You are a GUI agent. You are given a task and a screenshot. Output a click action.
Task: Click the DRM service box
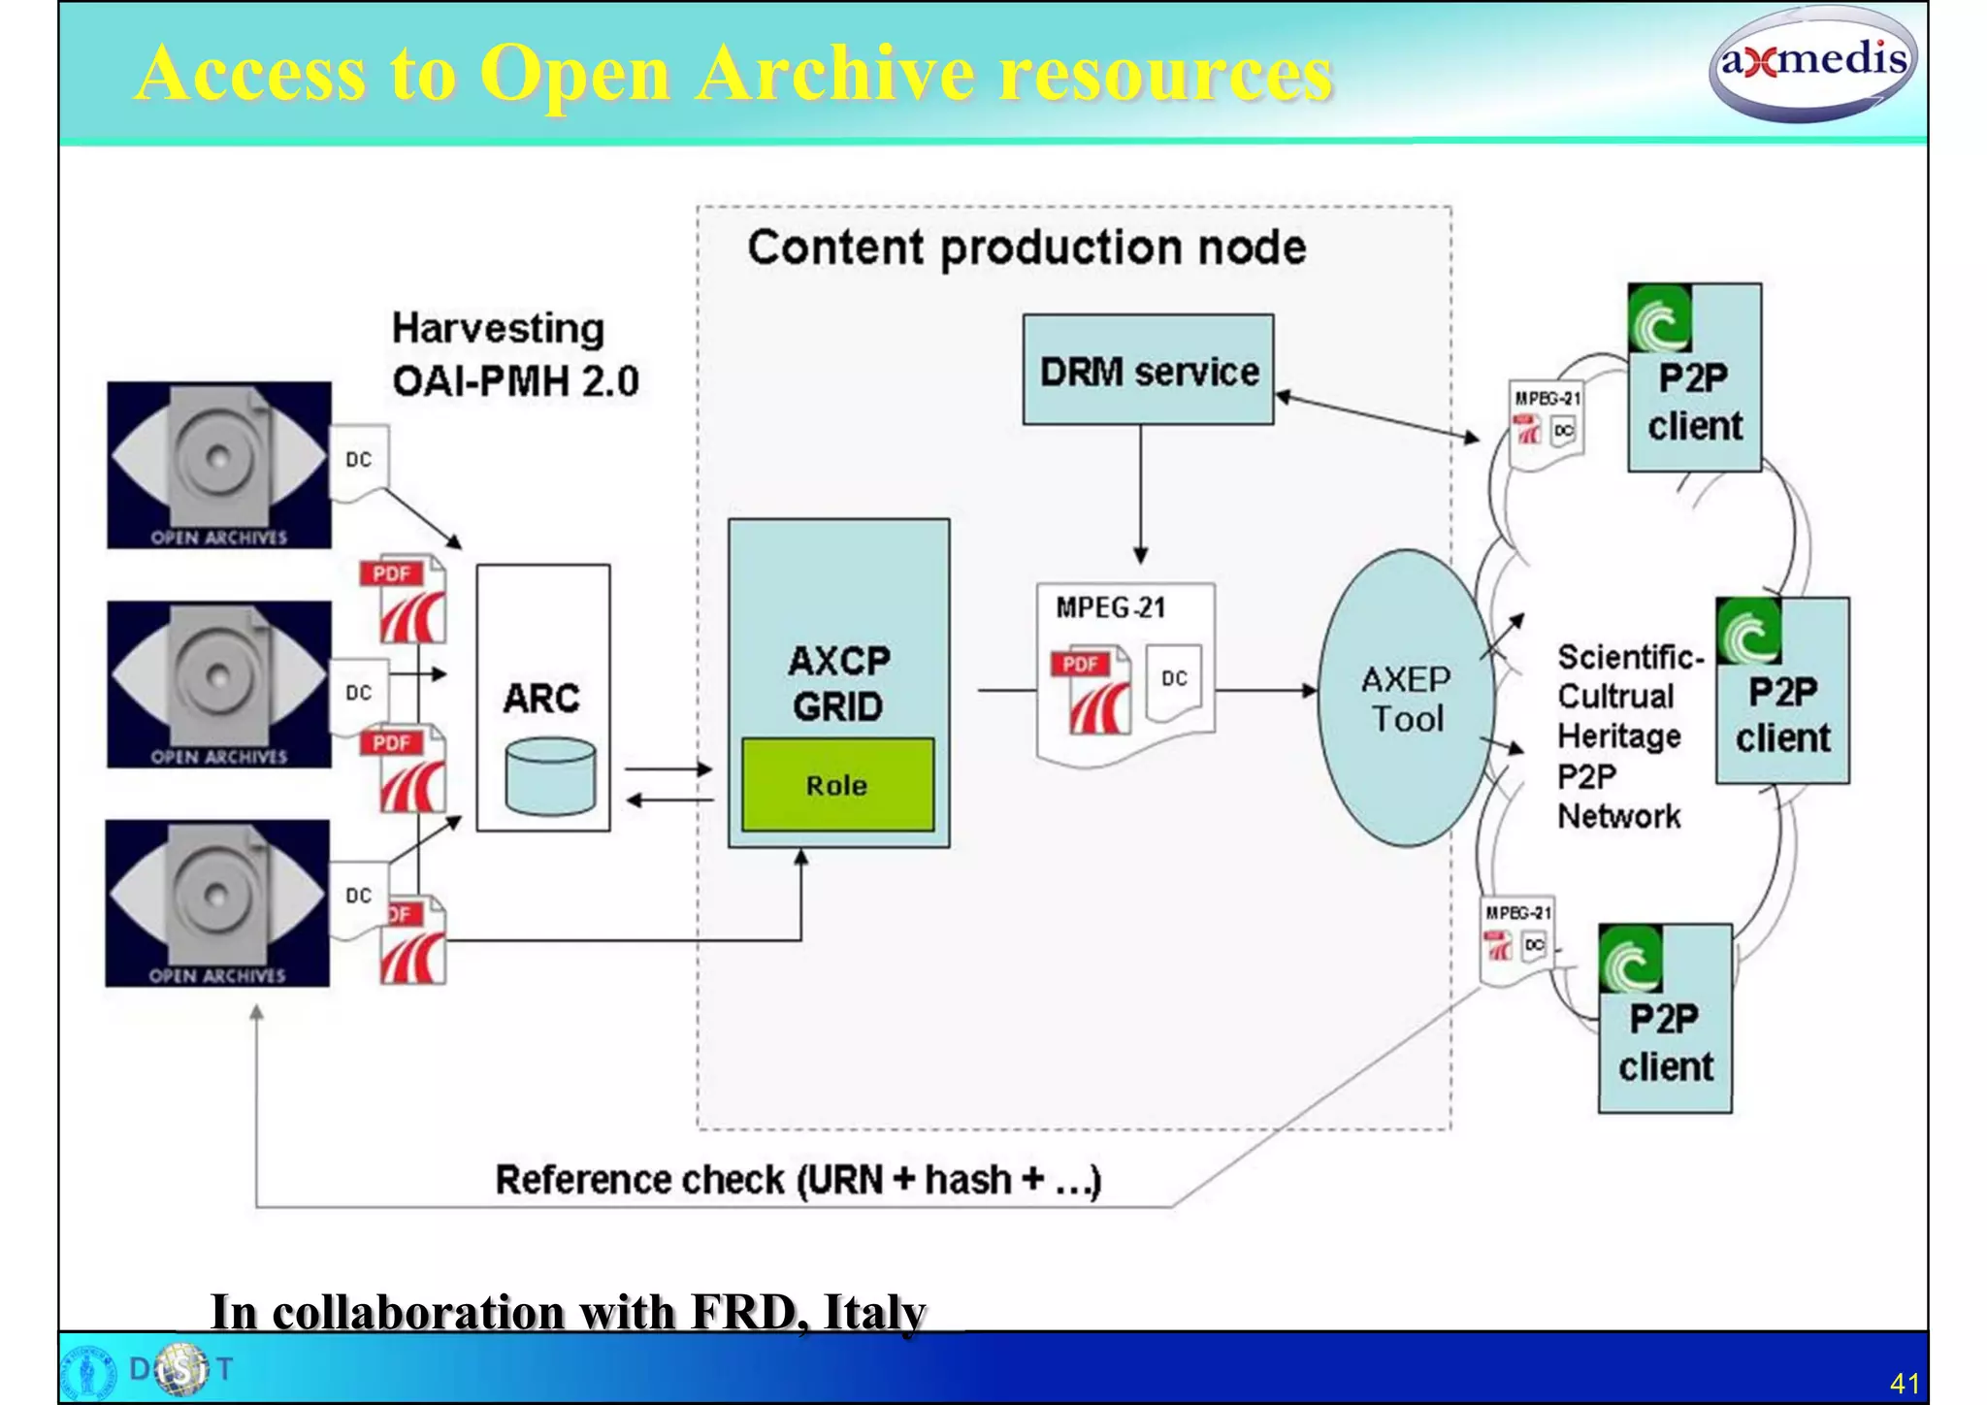pos(1148,370)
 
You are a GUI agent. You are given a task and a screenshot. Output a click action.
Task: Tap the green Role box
pos(837,784)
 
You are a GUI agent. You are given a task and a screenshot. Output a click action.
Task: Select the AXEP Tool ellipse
pos(1405,699)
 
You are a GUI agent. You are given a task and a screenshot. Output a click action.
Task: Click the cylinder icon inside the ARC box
pos(550,775)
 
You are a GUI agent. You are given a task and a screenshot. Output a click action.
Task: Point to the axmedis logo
pos(1811,64)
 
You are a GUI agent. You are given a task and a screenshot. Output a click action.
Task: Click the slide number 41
pos(1905,1383)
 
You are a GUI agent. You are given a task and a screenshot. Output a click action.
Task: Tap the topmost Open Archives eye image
pos(219,465)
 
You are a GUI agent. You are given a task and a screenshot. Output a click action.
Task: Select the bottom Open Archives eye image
pos(217,903)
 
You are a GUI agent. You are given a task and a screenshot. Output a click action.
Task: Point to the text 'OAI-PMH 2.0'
pos(515,381)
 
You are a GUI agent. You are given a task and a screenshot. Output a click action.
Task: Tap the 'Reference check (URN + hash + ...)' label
pos(798,1180)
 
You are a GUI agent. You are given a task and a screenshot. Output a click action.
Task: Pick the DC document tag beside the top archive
pos(359,460)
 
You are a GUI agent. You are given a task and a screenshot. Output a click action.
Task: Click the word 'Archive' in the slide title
pos(835,73)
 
